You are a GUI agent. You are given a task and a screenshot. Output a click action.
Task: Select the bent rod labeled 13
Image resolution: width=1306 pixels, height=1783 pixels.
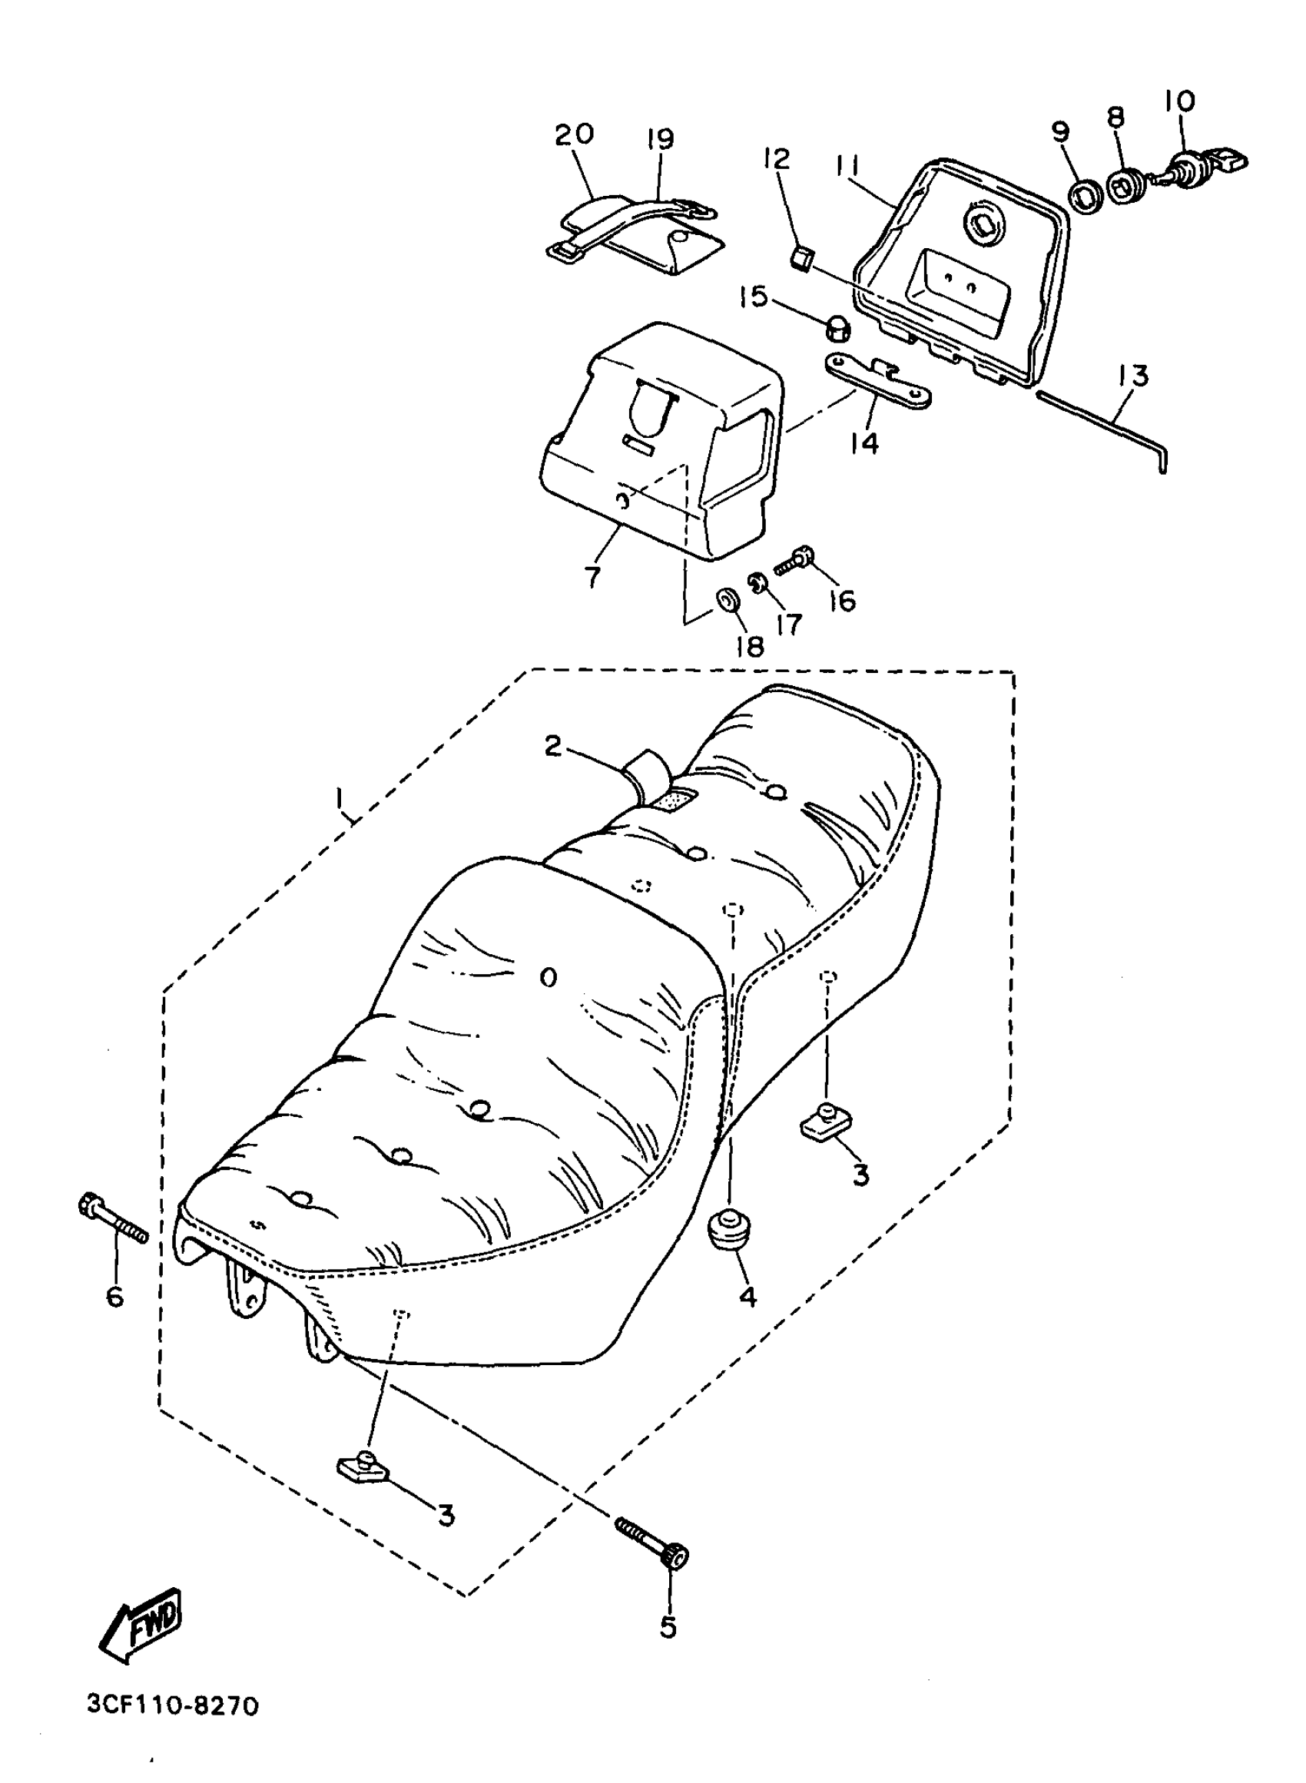(1107, 423)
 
